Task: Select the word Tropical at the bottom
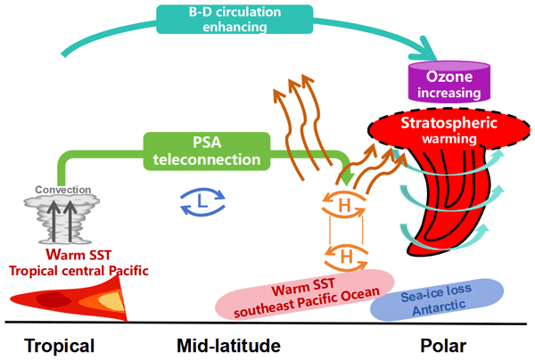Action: (x=59, y=344)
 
